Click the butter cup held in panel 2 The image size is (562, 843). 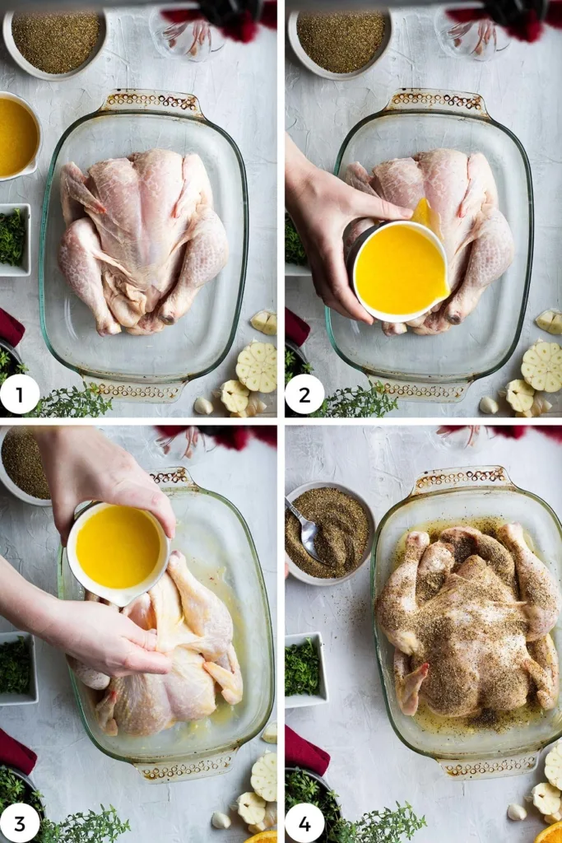point(400,270)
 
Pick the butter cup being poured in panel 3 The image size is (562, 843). point(118,547)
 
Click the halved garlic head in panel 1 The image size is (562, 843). point(257,366)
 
